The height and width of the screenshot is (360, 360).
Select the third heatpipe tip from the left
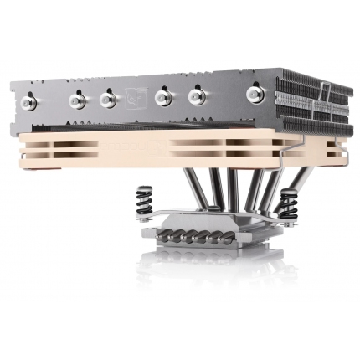pyautogui.click(x=107, y=100)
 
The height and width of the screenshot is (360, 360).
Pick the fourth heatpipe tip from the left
pyautogui.click(x=162, y=98)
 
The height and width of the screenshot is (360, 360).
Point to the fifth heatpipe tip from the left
pyautogui.click(x=197, y=97)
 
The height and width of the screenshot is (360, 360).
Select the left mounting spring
pyautogui.click(x=144, y=203)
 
